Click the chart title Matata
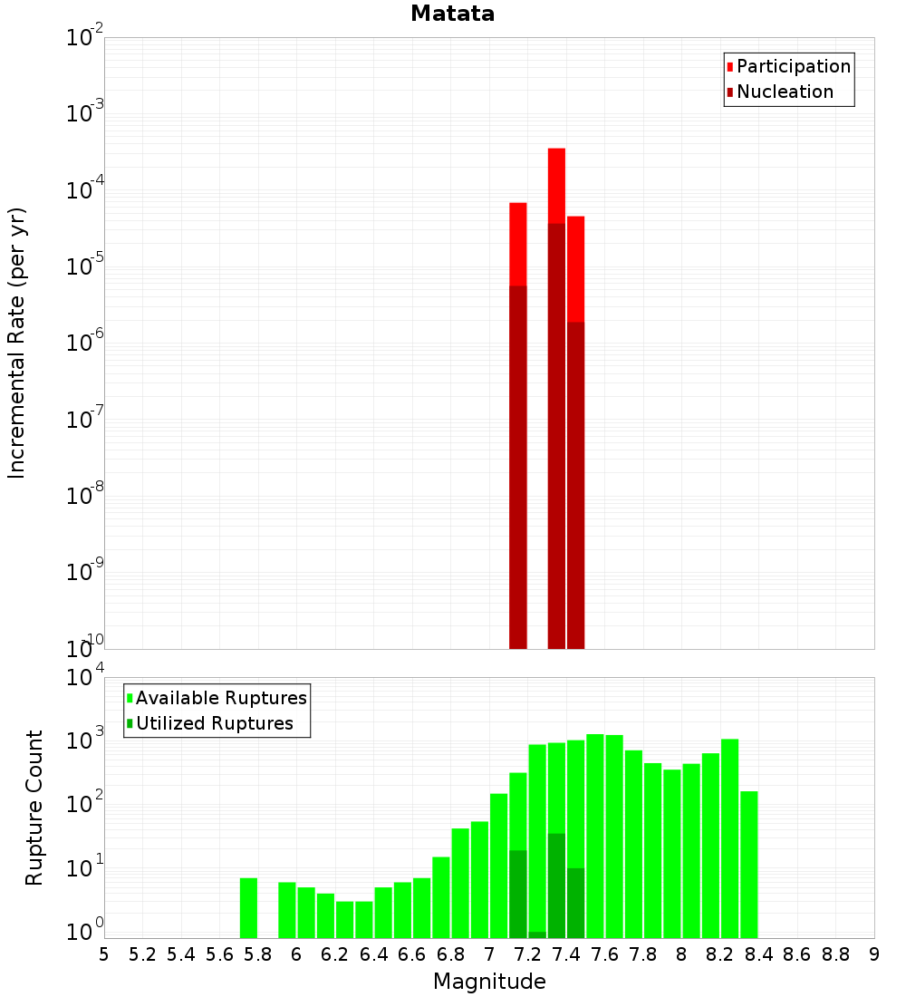pos(452,14)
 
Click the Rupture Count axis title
pos(34,808)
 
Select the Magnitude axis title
pos(489,982)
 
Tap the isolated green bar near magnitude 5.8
pos(248,907)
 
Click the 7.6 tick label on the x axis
pos(604,954)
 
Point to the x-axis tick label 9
pos(873,954)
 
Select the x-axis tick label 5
pos(103,954)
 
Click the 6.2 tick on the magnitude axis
pos(334,954)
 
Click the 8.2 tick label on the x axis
pos(719,954)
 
